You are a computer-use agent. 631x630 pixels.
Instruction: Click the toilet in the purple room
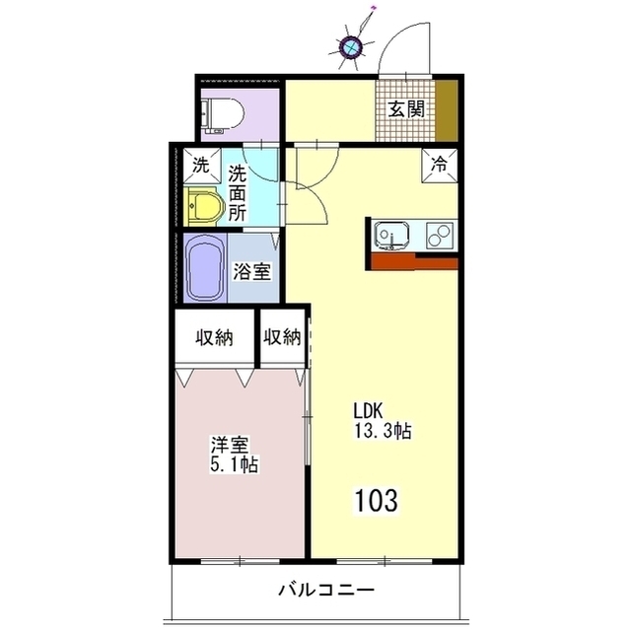tap(223, 115)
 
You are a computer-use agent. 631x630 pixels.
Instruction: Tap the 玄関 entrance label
tap(406, 109)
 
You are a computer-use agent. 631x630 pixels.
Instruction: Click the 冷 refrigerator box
tap(440, 165)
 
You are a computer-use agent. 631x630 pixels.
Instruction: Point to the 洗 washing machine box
tap(202, 166)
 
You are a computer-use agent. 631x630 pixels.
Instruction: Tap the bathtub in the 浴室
tap(206, 268)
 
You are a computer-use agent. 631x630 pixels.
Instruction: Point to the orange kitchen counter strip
tap(414, 262)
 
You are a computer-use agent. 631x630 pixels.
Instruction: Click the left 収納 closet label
tap(215, 337)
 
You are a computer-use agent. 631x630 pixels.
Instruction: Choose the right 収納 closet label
tap(282, 337)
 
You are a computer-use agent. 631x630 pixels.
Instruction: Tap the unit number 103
tap(377, 500)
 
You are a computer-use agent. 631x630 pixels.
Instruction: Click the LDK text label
tap(368, 411)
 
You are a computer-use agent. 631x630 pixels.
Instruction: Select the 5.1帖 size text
tap(234, 464)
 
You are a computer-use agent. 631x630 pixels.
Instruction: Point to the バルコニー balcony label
tap(326, 591)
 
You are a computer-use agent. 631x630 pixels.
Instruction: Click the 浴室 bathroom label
tap(252, 272)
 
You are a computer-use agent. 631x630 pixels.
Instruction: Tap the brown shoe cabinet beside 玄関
tap(447, 110)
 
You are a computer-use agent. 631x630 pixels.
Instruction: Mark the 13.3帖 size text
tap(383, 431)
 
